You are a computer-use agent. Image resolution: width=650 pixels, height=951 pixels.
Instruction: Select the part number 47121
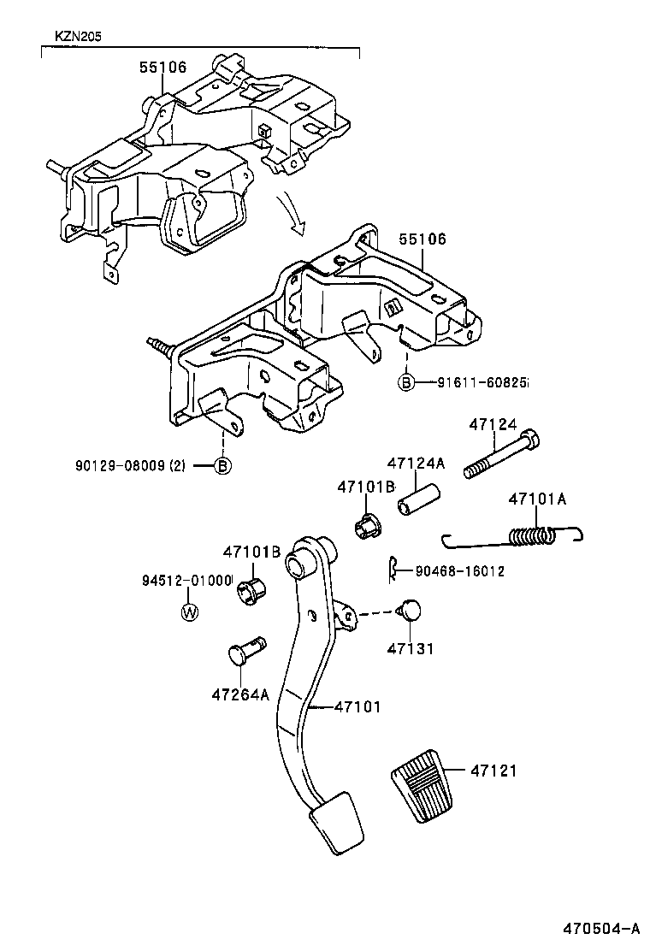(493, 771)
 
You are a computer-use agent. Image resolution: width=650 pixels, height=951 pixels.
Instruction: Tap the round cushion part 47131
(411, 610)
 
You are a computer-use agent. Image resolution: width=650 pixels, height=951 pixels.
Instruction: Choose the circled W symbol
(190, 611)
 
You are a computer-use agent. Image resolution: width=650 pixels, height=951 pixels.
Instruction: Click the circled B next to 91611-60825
(405, 382)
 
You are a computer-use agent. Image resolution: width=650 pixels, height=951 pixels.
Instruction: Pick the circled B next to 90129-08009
(222, 466)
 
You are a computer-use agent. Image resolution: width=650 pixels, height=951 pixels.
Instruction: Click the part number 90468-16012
(459, 570)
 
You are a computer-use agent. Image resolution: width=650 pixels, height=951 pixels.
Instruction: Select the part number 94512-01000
(187, 581)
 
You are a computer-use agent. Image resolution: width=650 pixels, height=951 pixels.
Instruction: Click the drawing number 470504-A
(601, 929)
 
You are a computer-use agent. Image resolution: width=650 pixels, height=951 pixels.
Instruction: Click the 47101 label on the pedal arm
(357, 706)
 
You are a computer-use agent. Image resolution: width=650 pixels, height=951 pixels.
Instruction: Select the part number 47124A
(416, 463)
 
